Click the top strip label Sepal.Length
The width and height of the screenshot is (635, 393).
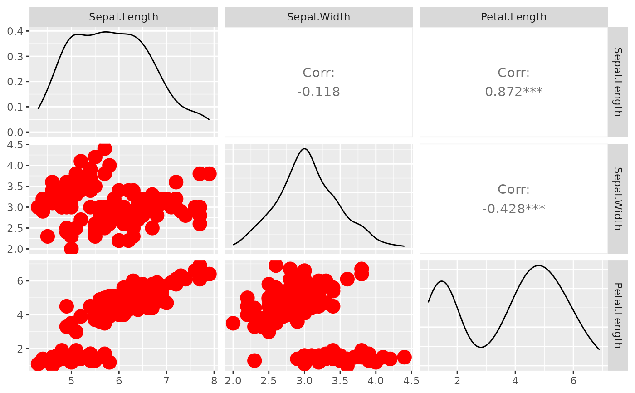pos(123,17)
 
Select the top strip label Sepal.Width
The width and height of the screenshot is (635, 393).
pos(318,17)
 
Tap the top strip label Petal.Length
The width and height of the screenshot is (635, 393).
pos(513,17)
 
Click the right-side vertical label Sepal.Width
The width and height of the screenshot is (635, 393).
pos(617,199)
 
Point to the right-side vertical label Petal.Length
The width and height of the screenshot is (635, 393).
pos(617,315)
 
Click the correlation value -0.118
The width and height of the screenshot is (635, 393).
pos(318,92)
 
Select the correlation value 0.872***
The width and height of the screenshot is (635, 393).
pos(513,92)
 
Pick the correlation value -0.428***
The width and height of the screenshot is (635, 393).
pos(513,209)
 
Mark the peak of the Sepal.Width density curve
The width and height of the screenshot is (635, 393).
pos(304,149)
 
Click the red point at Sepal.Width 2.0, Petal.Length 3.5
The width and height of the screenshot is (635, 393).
pos(233,323)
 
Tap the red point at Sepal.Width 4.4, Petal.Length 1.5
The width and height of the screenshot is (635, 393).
pos(404,357)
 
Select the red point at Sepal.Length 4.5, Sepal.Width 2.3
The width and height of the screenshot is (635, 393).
pos(48,236)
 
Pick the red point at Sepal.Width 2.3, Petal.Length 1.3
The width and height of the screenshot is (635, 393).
pos(254,360)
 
